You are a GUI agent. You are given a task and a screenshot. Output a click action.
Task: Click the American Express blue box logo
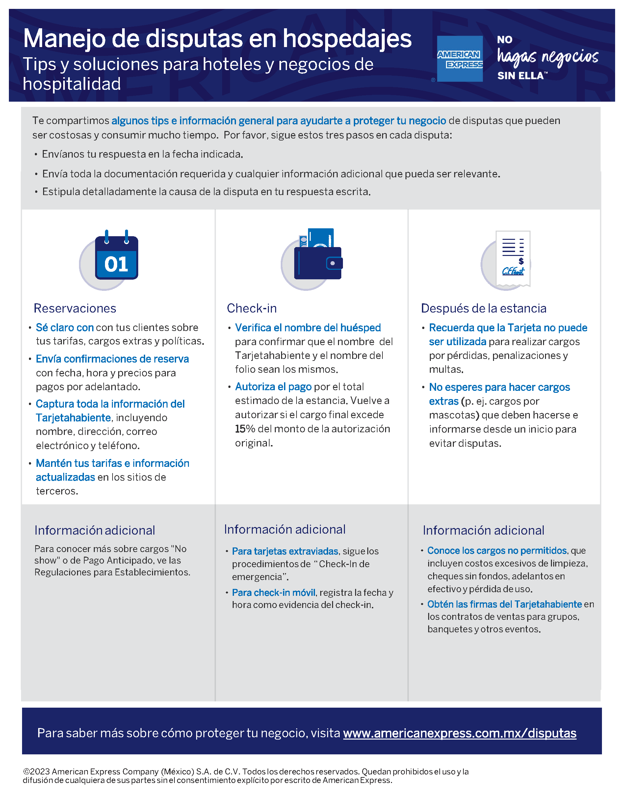coord(459,59)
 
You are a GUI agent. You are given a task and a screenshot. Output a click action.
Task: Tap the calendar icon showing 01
coord(116,258)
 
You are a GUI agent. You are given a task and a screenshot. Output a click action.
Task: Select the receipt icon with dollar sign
coord(512,258)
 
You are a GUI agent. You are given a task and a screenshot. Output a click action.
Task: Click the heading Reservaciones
coord(75,308)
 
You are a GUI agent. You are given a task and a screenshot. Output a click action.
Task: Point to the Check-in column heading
coord(251,308)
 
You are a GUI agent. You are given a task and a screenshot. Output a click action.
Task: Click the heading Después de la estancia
coord(483,308)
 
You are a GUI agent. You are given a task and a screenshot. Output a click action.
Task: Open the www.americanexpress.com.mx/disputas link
coord(459,733)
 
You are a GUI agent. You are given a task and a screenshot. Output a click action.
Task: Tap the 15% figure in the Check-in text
coord(245,429)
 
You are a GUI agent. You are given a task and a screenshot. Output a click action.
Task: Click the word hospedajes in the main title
coord(347,38)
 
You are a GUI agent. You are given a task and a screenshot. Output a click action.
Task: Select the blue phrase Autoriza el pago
coord(273,387)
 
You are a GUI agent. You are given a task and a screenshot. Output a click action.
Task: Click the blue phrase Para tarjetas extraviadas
coord(285,551)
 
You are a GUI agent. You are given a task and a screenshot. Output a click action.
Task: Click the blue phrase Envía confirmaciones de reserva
coord(112,359)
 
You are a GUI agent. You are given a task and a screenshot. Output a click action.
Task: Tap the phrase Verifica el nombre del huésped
coord(308,328)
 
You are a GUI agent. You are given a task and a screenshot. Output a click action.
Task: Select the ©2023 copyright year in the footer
coord(37,771)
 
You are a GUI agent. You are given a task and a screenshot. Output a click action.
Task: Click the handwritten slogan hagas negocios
coord(547,57)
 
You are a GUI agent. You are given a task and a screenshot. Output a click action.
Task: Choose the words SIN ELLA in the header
coord(520,76)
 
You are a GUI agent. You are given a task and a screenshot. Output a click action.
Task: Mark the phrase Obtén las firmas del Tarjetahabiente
coord(505,604)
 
